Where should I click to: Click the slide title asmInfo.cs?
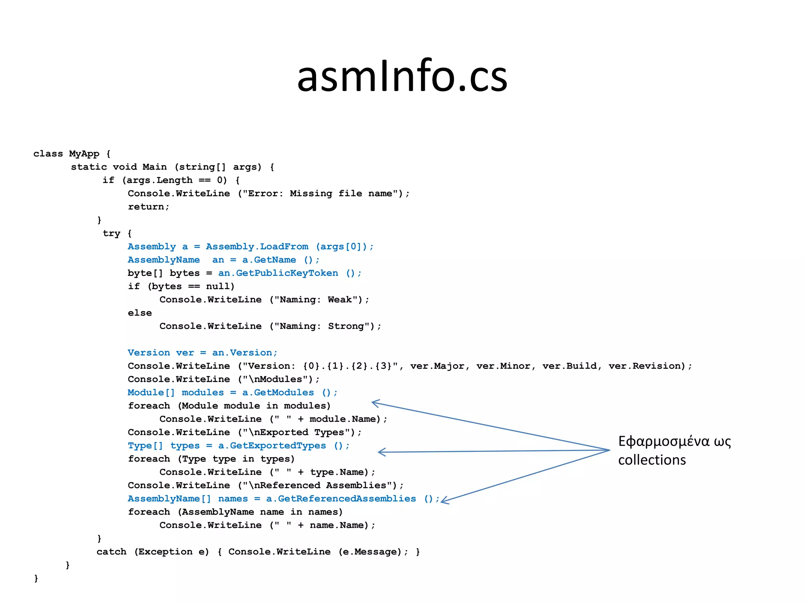(x=402, y=76)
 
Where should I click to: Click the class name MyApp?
(x=84, y=153)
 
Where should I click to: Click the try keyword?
(x=111, y=234)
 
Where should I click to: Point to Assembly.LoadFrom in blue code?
(x=257, y=247)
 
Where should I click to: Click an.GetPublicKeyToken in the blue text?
(x=278, y=273)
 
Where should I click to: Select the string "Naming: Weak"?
(x=318, y=300)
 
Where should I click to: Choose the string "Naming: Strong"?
(x=324, y=326)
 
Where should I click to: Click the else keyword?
(x=140, y=313)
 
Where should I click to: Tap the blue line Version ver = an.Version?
(x=202, y=353)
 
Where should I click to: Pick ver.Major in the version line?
(x=437, y=366)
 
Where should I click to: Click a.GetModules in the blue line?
(x=278, y=393)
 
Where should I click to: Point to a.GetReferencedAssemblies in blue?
(x=341, y=499)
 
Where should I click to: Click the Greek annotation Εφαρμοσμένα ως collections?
(x=674, y=450)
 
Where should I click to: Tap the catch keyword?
(x=111, y=552)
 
